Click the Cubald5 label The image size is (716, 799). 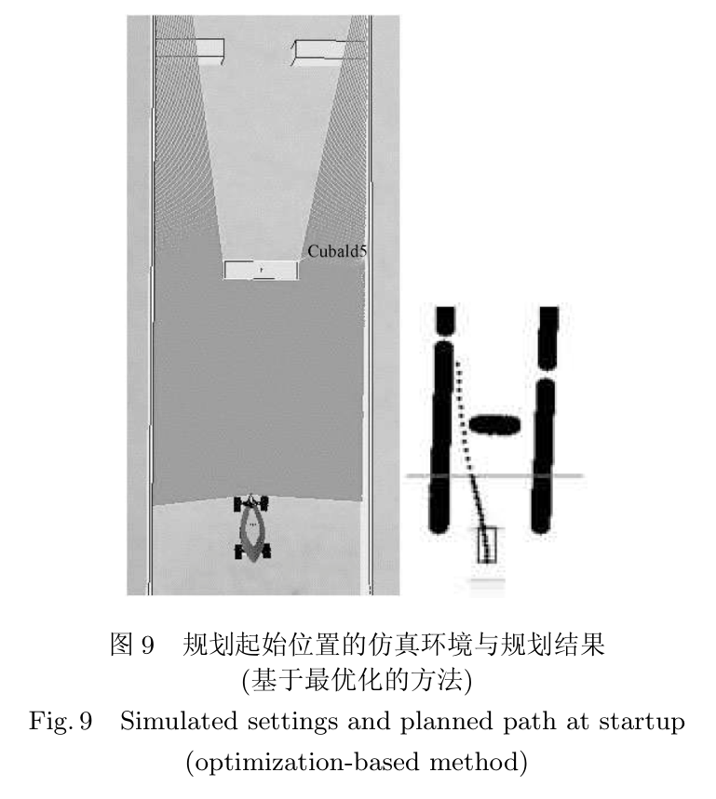tap(336, 251)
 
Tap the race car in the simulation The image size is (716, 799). tap(252, 528)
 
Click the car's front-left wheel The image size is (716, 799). tap(238, 504)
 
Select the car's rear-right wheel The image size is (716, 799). tap(265, 551)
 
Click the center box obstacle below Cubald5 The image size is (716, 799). tap(261, 270)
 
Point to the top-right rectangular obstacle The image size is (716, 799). tap(329, 52)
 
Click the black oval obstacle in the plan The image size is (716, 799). tap(494, 424)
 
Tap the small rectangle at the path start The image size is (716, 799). tap(487, 545)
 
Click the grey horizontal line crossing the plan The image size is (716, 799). tap(494, 476)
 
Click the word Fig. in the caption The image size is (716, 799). tap(49, 722)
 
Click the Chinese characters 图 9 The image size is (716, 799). tap(132, 644)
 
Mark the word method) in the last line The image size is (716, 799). tap(479, 763)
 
